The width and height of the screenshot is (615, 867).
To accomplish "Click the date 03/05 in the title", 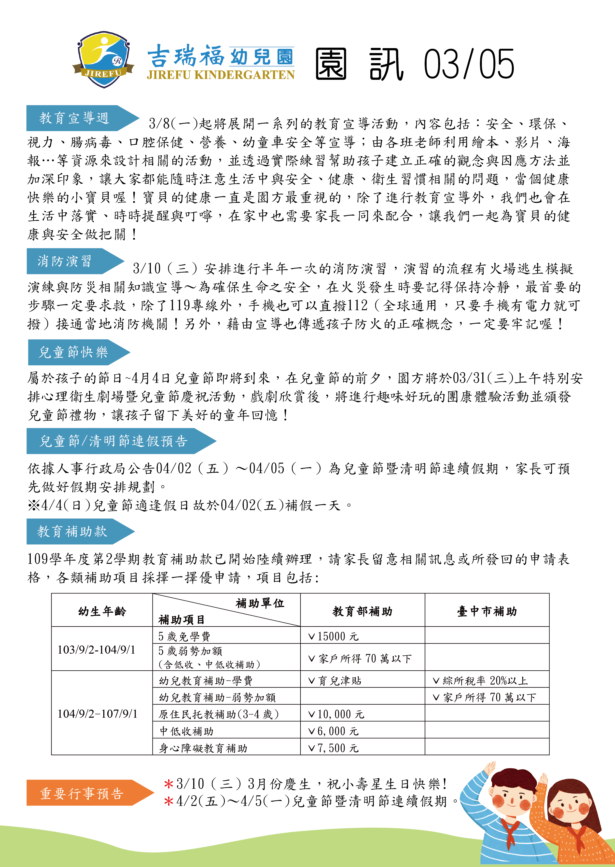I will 469,64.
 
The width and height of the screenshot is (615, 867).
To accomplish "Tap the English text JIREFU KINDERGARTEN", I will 220,75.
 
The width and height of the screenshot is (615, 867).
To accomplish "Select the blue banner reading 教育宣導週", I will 74,118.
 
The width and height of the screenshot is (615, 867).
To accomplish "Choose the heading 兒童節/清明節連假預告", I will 114,441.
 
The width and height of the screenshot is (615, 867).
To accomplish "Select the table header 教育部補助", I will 363,611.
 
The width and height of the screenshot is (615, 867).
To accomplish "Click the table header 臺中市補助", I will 487,611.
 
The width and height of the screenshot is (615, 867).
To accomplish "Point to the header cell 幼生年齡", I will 102,611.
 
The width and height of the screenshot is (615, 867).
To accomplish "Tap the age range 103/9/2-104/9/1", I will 97,650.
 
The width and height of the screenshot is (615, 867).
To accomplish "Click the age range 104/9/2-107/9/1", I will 97,714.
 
